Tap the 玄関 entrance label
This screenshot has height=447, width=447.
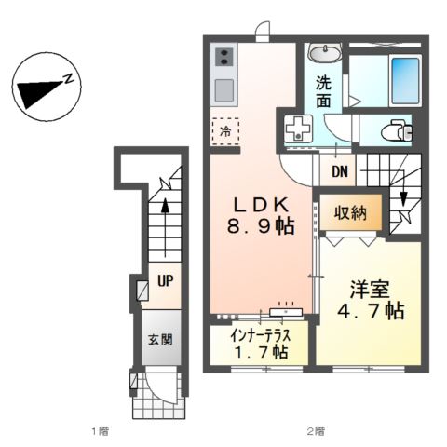155,341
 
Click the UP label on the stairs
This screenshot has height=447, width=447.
163,280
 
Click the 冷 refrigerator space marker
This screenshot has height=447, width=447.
225,132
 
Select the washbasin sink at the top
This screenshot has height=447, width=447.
325,52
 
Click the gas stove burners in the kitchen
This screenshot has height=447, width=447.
224,59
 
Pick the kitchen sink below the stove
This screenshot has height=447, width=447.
224,90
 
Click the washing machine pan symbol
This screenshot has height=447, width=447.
298,129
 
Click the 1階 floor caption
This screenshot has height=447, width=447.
101,430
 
